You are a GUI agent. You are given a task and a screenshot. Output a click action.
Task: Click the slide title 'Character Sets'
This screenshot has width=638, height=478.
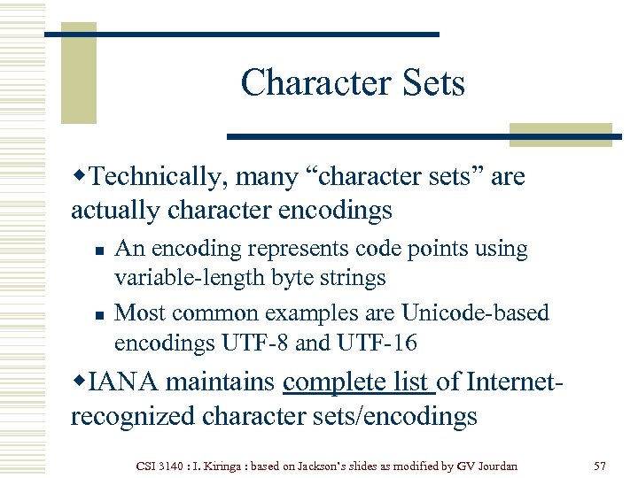pyautogui.click(x=352, y=84)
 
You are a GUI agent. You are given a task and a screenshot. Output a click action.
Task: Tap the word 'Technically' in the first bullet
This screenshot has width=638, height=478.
pyautogui.click(x=157, y=177)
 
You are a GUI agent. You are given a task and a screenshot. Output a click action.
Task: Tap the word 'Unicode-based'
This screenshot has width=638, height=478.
pyautogui.click(x=475, y=313)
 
